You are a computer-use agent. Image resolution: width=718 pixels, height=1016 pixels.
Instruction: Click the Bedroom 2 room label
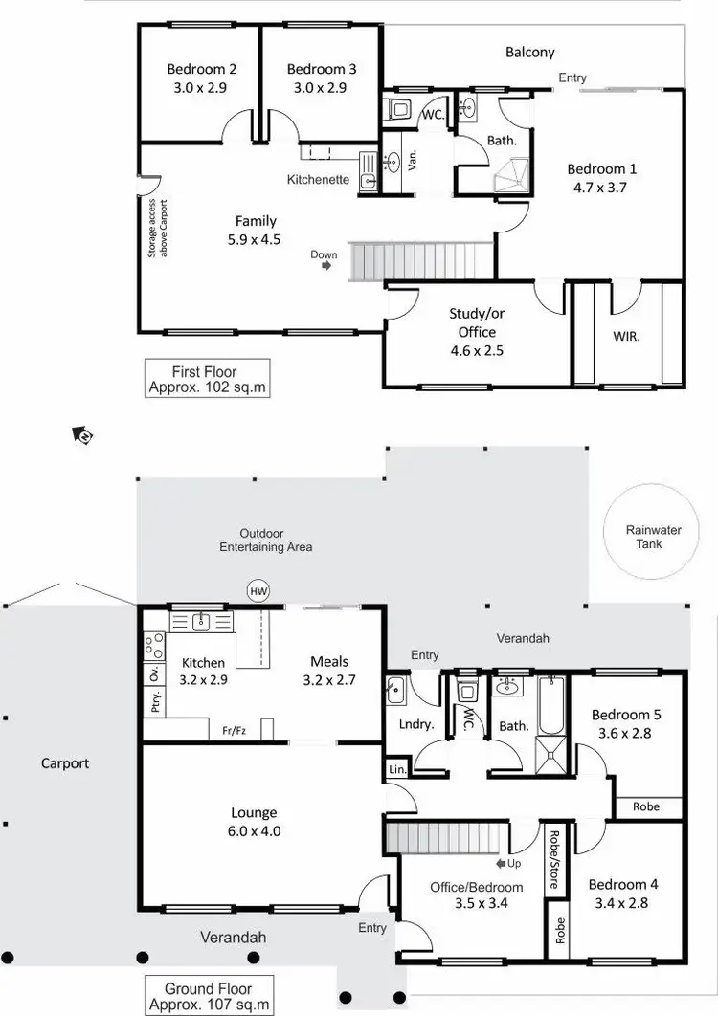tap(202, 69)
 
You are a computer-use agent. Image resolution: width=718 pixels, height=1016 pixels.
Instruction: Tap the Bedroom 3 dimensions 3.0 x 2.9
tap(322, 87)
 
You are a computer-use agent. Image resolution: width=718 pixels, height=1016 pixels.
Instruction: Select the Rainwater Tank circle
tap(644, 537)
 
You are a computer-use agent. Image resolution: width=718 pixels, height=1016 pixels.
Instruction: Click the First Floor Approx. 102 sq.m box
tap(204, 380)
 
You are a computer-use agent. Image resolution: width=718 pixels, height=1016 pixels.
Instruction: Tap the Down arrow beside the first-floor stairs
tap(326, 267)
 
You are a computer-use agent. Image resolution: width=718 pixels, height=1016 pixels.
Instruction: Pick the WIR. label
tap(626, 337)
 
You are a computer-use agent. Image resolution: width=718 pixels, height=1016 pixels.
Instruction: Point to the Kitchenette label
tap(318, 180)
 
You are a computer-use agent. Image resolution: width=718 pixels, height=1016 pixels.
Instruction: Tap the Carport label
tap(64, 763)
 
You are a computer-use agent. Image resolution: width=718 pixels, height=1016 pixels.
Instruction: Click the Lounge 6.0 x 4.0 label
tap(254, 822)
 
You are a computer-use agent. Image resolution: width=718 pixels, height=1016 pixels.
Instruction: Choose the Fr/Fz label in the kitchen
tap(235, 730)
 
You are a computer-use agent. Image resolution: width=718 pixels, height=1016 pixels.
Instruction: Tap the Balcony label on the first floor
tap(529, 53)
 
